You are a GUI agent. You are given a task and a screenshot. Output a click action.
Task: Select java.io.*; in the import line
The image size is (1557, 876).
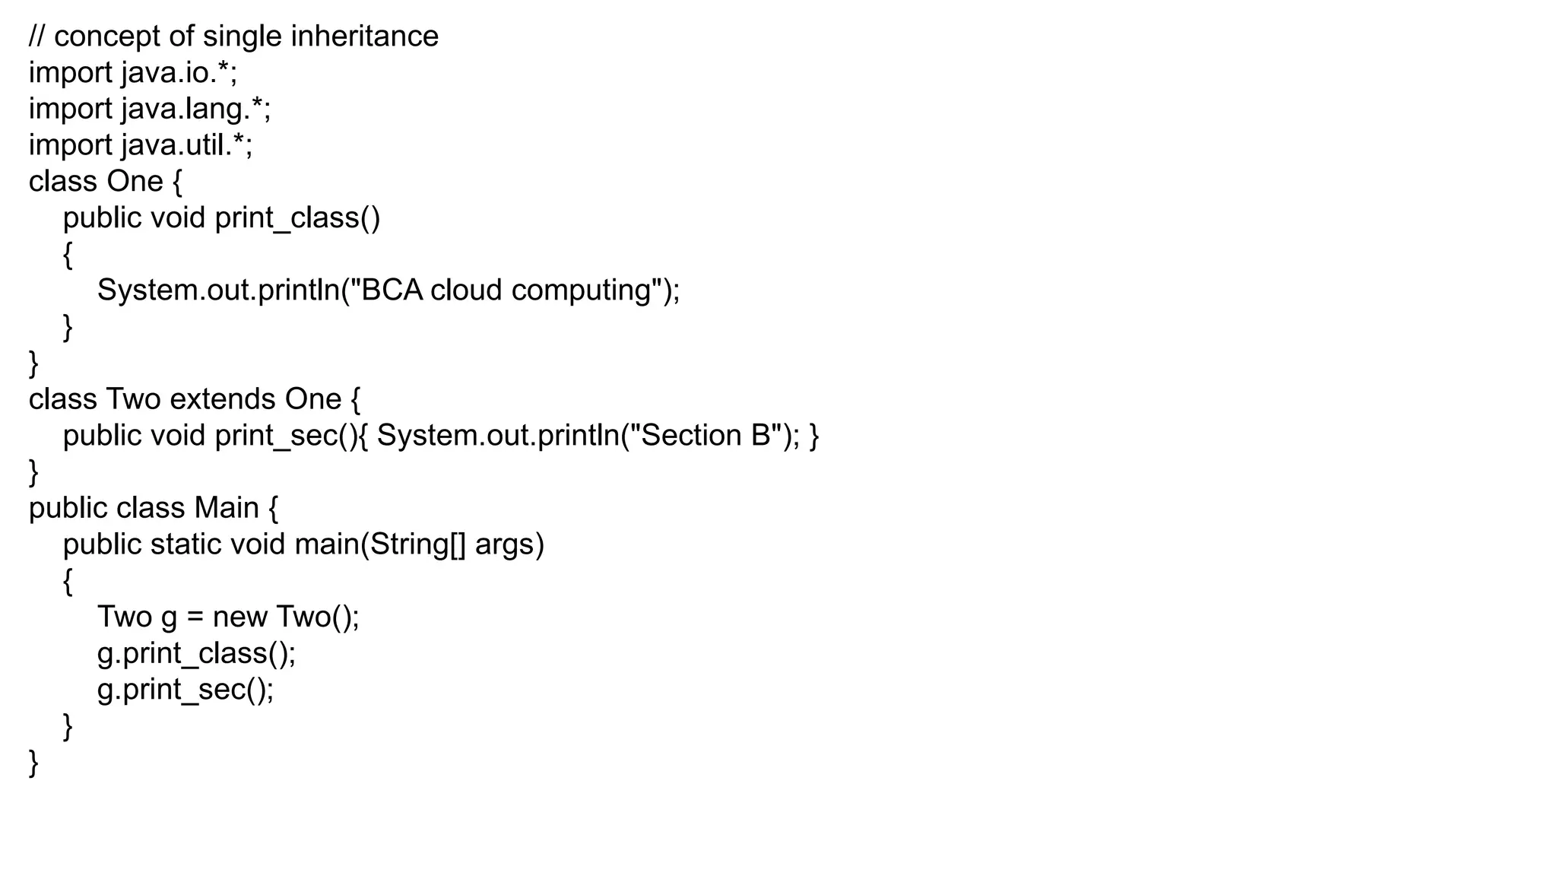pyautogui.click(x=179, y=73)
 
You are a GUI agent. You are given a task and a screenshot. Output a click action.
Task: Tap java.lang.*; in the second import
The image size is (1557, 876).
pyautogui.click(x=195, y=109)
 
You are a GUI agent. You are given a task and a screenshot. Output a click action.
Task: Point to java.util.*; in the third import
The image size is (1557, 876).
pyautogui.click(x=186, y=145)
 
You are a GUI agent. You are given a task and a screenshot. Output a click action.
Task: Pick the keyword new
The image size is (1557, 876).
pyautogui.click(x=239, y=617)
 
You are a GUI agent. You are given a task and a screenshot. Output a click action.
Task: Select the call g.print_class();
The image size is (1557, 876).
pyautogui.click(x=196, y=653)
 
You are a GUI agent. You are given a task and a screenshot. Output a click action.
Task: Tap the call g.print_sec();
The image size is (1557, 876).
pyautogui.click(x=185, y=690)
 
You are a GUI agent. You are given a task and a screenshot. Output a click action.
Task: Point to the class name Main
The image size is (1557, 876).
pyautogui.click(x=227, y=508)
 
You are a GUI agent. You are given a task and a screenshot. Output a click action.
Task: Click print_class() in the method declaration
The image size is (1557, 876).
pyautogui.click(x=297, y=218)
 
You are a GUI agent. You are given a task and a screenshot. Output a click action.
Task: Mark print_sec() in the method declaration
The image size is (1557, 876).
pyautogui.click(x=286, y=436)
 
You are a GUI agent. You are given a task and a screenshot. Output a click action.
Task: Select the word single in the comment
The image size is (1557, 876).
pyautogui.click(x=242, y=36)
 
